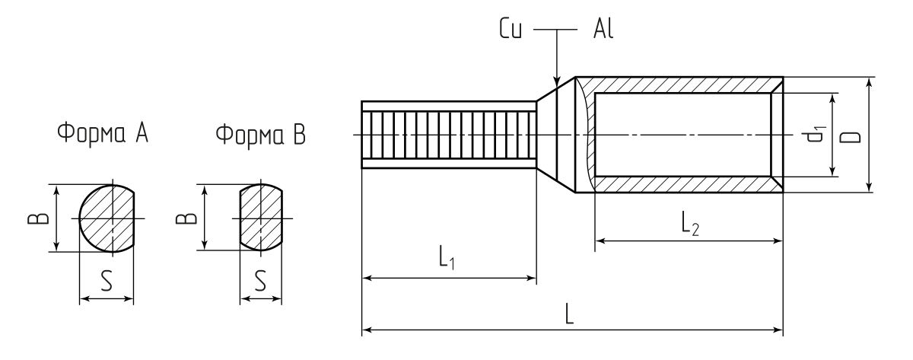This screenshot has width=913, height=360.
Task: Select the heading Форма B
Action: coord(261,135)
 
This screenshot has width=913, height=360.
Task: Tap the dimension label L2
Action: coord(689,224)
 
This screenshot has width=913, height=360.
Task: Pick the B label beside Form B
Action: coord(182,218)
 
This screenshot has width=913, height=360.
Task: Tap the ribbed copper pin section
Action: coord(449,135)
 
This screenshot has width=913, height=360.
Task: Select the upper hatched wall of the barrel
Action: coord(685,84)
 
